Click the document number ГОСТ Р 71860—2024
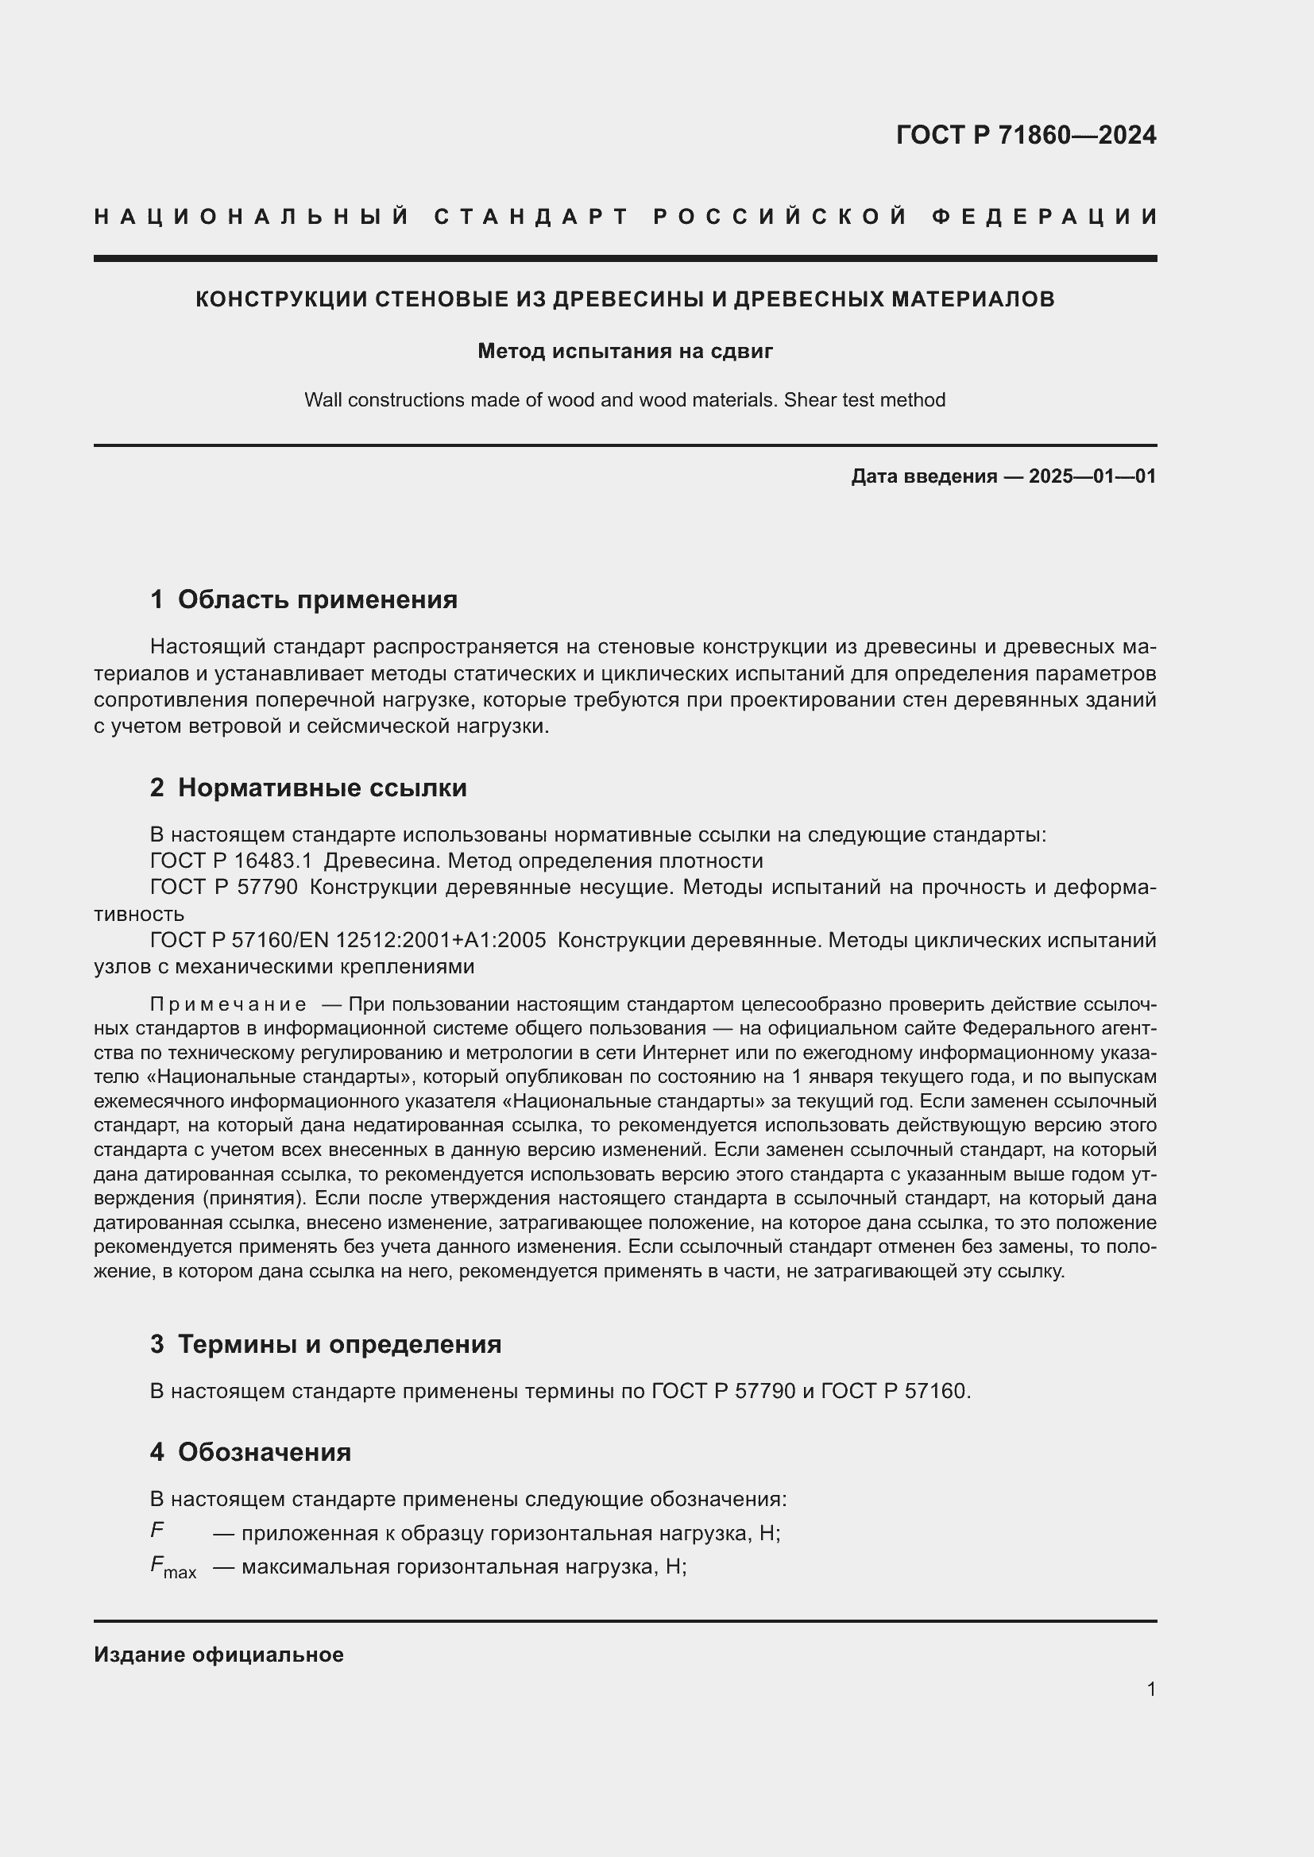click(1025, 135)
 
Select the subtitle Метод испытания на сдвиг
click(625, 351)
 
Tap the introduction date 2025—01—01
click(1092, 476)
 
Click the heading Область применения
click(317, 599)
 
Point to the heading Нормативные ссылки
click(322, 788)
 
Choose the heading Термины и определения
click(339, 1344)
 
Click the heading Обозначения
click(264, 1452)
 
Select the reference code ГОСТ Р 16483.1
click(230, 861)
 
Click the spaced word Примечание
click(228, 1004)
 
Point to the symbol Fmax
click(172, 1567)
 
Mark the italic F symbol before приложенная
click(157, 1530)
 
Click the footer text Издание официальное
click(218, 1655)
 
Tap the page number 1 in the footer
click(1151, 1689)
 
